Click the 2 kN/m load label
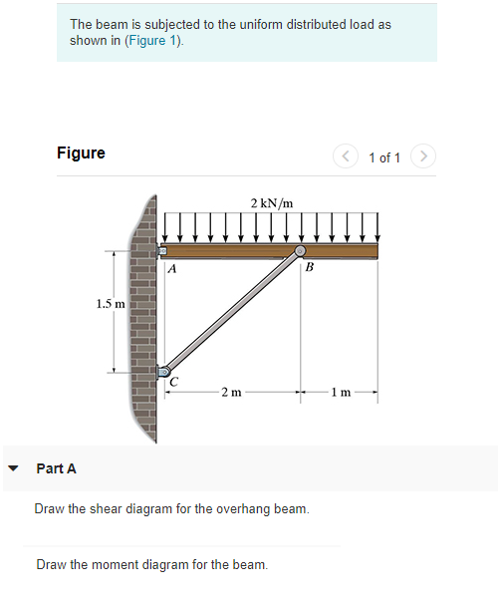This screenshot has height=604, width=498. click(272, 203)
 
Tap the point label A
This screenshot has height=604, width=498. click(173, 269)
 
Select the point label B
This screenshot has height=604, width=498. click(309, 268)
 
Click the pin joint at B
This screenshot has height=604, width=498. click(300, 250)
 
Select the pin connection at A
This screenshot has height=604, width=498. click(165, 250)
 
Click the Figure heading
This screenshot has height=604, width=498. click(81, 152)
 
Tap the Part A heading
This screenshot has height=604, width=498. click(56, 468)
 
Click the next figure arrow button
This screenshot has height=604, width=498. click(423, 157)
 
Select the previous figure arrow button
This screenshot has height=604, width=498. click(346, 157)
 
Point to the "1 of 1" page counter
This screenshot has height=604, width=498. click(384, 158)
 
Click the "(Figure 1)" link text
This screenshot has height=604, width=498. click(153, 41)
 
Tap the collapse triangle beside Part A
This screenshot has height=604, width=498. click(13, 468)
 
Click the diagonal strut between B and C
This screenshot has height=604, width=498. click(232, 312)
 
